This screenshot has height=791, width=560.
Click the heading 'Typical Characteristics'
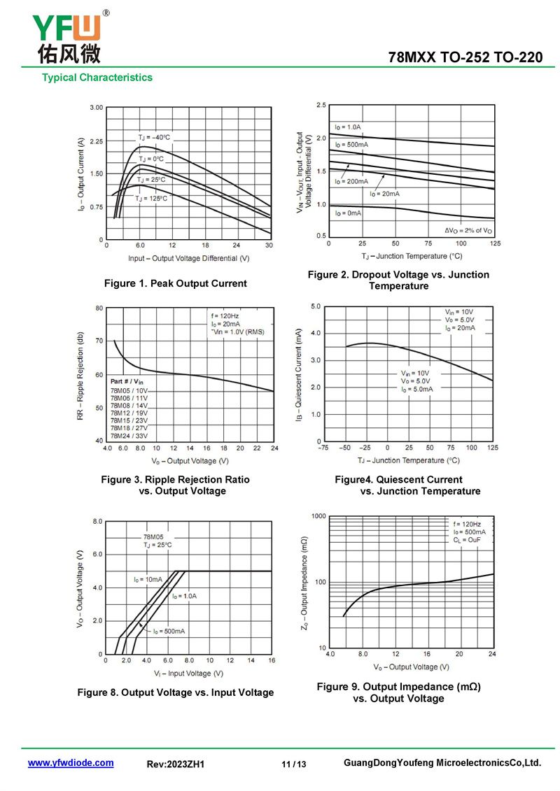point(97,78)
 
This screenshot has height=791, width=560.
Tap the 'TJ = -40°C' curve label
point(154,137)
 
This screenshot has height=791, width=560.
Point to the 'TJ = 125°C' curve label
point(152,199)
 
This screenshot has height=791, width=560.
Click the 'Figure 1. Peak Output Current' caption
point(175,283)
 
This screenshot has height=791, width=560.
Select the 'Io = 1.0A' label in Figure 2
point(347,127)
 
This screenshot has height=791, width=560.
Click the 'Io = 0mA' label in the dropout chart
point(348,213)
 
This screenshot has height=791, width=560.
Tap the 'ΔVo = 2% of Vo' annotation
point(468,230)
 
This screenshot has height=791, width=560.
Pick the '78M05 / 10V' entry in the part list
point(129,390)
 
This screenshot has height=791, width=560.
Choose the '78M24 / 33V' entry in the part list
point(129,434)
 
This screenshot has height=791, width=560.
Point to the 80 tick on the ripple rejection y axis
point(99,308)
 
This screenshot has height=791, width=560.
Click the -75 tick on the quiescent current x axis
point(323,448)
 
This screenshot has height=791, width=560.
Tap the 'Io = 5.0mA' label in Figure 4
point(417,389)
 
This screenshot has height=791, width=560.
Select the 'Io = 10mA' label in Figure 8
point(148,579)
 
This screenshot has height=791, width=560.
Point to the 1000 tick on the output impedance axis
point(319,516)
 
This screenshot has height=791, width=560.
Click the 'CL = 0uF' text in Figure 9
point(467,540)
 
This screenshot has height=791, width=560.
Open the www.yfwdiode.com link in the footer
point(71,763)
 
